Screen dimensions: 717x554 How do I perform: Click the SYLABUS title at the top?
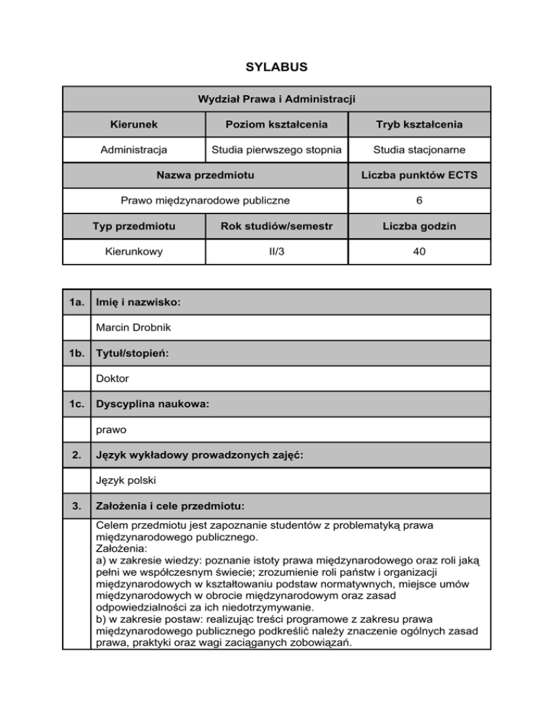(x=277, y=67)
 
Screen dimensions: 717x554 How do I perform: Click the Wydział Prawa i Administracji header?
(x=277, y=98)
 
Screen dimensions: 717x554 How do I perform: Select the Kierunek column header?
(x=134, y=125)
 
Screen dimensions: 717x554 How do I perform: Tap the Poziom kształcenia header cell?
(x=277, y=125)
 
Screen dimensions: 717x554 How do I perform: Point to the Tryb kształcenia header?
(x=419, y=125)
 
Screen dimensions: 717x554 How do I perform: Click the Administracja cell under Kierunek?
(x=134, y=151)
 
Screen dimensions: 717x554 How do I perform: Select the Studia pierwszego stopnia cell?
(x=277, y=151)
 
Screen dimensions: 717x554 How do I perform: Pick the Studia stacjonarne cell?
(x=419, y=151)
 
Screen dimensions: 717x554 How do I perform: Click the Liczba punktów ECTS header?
(x=419, y=176)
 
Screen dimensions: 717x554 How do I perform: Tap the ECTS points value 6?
(x=419, y=201)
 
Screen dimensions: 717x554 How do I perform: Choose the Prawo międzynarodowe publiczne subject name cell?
(x=206, y=201)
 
